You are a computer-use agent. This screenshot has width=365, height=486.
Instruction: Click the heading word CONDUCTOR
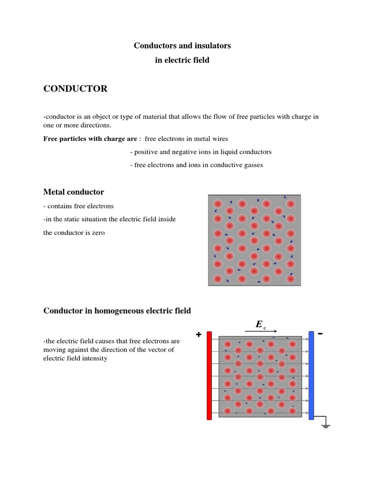pos(76,89)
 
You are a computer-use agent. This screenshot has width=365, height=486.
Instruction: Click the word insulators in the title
pos(211,46)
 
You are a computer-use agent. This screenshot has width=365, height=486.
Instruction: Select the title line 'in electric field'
pos(182,60)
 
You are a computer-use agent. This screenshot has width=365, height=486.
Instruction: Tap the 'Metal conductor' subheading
pos(74,192)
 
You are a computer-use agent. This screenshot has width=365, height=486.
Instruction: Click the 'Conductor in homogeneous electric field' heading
pos(117,311)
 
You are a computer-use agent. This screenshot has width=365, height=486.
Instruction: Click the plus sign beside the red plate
pos(199,335)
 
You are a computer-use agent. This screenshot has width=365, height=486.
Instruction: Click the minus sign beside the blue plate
pos(320,334)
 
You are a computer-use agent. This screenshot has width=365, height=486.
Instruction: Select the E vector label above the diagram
pos(259,325)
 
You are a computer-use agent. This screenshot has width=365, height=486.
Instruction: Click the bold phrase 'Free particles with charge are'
pos(90,139)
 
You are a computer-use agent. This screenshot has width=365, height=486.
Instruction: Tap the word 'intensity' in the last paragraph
pos(96,358)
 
